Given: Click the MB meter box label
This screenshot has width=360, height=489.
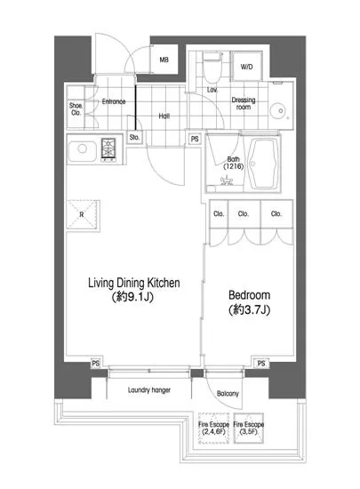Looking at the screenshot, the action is coord(164,60).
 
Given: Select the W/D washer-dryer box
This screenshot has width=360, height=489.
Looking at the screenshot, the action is coord(246,67).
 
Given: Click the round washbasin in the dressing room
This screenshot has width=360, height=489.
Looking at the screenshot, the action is coord(278,111).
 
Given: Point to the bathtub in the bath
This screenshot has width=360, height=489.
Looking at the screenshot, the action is coord(264,164).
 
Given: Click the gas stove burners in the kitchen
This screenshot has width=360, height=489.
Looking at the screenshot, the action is coord(108,149).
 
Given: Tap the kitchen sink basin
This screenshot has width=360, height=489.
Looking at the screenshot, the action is coord(83,151).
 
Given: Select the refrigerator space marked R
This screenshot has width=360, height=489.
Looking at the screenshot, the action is coord(83,215).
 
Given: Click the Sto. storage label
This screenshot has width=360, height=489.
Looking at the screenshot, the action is coord(134,137).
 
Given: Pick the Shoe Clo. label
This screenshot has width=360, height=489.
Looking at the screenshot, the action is coord(76,109).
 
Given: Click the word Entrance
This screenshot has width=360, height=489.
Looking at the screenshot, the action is coord(114,101).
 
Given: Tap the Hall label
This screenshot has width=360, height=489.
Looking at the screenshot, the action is coord(164,116).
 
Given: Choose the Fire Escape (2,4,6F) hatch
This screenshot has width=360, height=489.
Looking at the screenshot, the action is coord(214,429).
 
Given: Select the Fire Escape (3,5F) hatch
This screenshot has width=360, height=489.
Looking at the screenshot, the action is coord(249,429).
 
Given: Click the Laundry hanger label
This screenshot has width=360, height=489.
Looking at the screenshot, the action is coord(149,389).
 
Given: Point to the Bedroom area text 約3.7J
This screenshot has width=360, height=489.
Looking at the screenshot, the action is coord(250,309).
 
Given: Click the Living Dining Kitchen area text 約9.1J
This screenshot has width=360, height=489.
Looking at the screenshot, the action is coord(132,297).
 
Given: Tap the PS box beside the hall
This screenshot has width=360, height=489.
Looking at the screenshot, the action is coord(195,139).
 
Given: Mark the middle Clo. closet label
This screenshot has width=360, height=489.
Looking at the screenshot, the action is coord(244,213).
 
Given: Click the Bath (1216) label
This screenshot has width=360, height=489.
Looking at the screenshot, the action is coord(234,163).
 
